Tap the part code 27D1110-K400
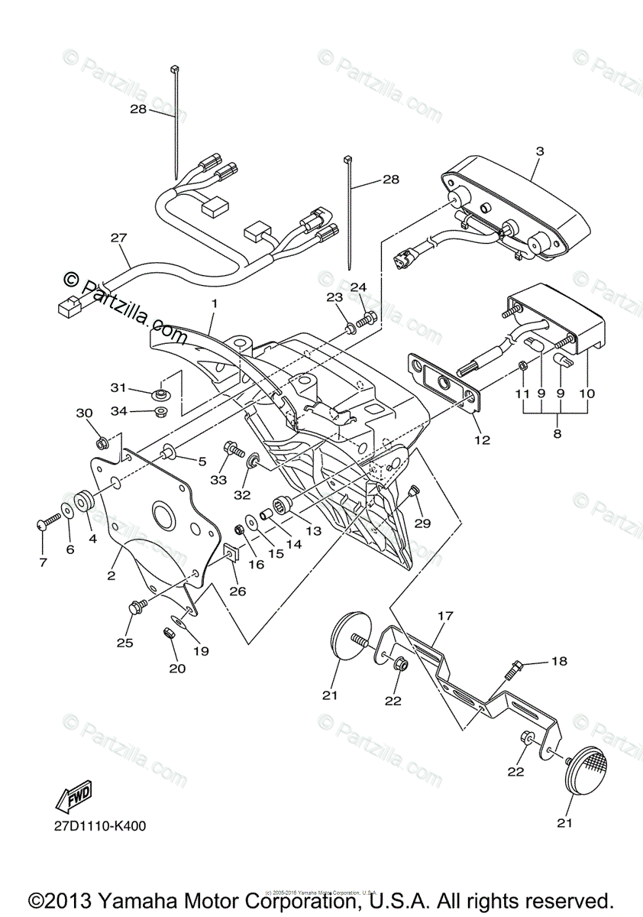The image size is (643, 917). click(x=100, y=826)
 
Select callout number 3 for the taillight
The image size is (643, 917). click(x=539, y=151)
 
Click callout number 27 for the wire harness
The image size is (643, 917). click(x=118, y=238)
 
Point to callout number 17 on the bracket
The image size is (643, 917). click(x=446, y=615)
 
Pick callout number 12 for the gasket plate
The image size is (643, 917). click(x=482, y=440)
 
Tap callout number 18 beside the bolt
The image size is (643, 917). click(x=560, y=661)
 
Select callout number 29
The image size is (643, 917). click(x=422, y=523)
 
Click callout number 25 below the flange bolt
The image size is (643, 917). click(x=124, y=643)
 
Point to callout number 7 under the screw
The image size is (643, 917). click(x=43, y=562)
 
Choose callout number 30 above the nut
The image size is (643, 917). click(x=84, y=413)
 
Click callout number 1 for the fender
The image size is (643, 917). click(x=215, y=303)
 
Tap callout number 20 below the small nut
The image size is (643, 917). click(x=177, y=667)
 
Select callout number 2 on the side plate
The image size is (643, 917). click(x=111, y=575)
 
